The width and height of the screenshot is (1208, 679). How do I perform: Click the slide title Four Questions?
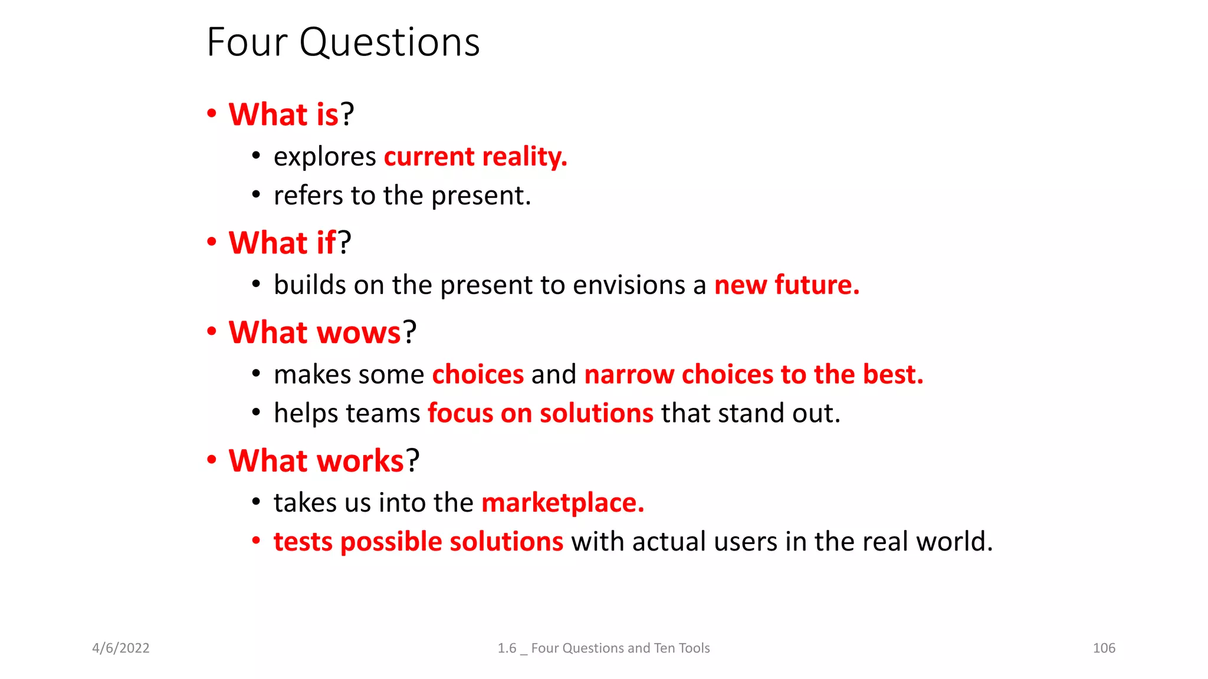(343, 42)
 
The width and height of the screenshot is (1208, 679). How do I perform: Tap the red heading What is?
(283, 114)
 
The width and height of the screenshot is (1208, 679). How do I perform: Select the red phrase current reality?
(475, 157)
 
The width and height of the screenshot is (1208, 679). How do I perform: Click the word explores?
(324, 157)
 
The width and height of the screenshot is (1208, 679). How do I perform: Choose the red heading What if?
(282, 243)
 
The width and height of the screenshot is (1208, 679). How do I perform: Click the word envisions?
(629, 285)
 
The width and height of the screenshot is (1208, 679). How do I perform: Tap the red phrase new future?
(786, 285)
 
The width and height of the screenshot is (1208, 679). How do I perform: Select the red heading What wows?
(314, 332)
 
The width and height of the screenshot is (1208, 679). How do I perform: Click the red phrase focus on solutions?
(540, 413)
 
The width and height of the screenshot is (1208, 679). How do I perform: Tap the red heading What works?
(316, 461)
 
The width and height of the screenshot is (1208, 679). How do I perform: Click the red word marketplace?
(562, 503)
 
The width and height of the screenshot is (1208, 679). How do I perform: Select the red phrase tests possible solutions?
(418, 542)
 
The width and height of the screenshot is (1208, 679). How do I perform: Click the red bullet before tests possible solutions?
(256, 540)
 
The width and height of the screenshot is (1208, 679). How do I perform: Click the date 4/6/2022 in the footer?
(121, 648)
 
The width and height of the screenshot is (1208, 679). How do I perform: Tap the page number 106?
(1104, 648)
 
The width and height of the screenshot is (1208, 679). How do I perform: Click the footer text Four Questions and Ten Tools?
(620, 648)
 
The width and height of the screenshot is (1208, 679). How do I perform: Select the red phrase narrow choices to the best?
(753, 375)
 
